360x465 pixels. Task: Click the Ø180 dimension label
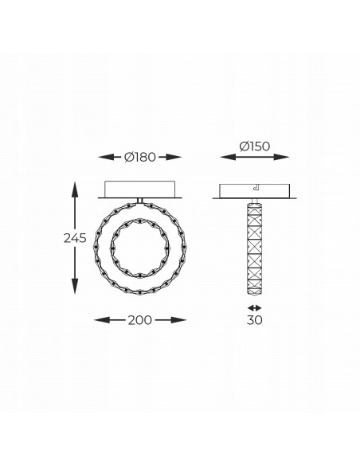tap(140, 157)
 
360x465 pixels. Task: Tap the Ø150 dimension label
tap(255, 147)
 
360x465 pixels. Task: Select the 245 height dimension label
tap(75, 238)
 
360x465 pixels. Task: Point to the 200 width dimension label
tap(140, 320)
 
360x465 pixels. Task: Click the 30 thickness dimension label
tap(254, 320)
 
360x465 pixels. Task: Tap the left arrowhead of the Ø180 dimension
tap(106, 157)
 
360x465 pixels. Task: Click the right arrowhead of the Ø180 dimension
tap(174, 157)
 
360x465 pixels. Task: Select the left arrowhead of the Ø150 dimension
tap(228, 157)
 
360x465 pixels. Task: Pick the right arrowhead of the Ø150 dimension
tap(281, 157)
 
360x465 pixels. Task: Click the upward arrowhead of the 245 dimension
tap(75, 190)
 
